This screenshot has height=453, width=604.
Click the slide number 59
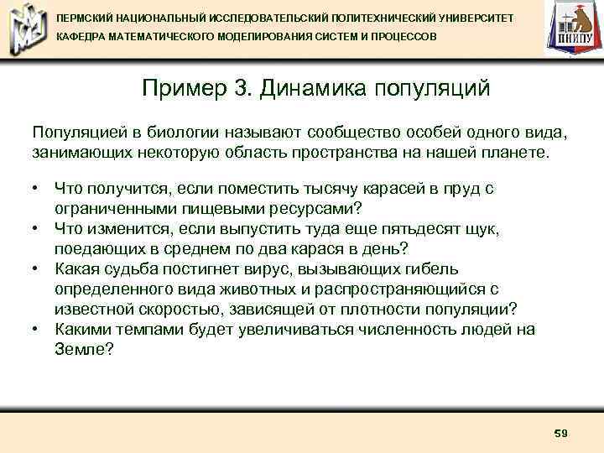(x=561, y=433)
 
